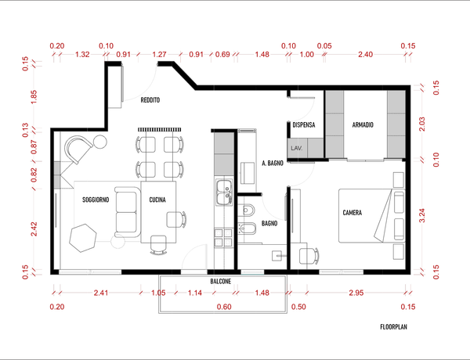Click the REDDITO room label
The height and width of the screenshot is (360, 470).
(150, 100)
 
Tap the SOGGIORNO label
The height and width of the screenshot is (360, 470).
(96, 200)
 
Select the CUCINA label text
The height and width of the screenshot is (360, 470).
(157, 200)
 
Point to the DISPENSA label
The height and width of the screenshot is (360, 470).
(304, 125)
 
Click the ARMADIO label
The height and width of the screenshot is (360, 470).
(363, 125)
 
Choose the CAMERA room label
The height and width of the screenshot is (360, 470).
(352, 213)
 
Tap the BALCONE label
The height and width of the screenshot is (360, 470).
(221, 282)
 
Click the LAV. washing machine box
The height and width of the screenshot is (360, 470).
(298, 148)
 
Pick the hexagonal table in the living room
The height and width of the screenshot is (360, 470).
(83, 238)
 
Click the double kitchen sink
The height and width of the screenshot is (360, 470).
(224, 193)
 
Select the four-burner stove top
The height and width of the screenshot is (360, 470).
(223, 237)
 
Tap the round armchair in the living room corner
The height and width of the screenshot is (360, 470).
(78, 149)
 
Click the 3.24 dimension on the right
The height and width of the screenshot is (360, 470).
(422, 215)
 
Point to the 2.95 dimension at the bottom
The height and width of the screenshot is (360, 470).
(356, 293)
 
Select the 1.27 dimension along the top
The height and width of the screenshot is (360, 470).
(159, 55)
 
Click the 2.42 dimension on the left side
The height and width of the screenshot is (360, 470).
(34, 229)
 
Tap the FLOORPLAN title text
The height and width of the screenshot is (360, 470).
(393, 327)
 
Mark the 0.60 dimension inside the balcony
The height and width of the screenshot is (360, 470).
(224, 307)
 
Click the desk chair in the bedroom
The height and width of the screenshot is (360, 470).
(309, 257)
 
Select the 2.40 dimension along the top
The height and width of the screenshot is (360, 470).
(365, 55)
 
